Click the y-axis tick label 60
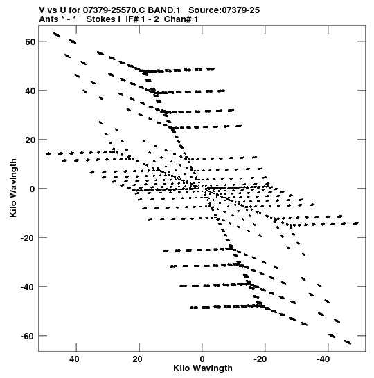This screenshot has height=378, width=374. [30, 41]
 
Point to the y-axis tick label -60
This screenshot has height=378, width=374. [28, 336]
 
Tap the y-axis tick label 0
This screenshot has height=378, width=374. [33, 189]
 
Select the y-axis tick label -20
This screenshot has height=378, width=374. [28, 238]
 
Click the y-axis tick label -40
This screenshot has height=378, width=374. [28, 287]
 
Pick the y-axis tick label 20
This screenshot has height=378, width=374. [30, 140]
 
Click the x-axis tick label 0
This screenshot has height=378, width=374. [202, 359]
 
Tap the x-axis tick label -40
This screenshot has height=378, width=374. [323, 359]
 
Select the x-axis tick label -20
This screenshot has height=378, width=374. [260, 359]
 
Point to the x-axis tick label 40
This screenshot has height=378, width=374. [74, 359]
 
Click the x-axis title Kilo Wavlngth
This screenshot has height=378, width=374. [203, 368]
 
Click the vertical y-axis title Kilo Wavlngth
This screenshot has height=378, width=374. [13, 188]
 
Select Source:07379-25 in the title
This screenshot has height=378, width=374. [224, 10]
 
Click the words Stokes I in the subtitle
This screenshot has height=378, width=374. [103, 19]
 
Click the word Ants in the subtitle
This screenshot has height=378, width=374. [48, 19]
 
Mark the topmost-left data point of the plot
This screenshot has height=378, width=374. [57, 35]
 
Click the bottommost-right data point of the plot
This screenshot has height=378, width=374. [348, 342]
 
